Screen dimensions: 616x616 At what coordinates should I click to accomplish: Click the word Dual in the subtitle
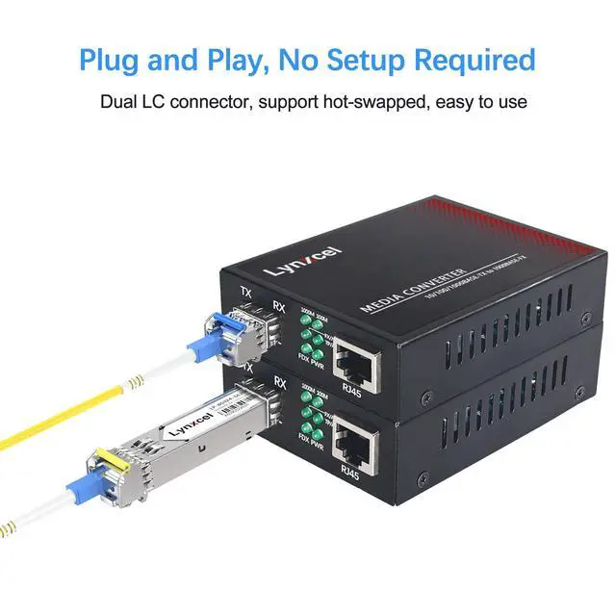tap(120, 100)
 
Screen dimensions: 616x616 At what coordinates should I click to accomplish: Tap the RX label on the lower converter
tap(280, 383)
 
